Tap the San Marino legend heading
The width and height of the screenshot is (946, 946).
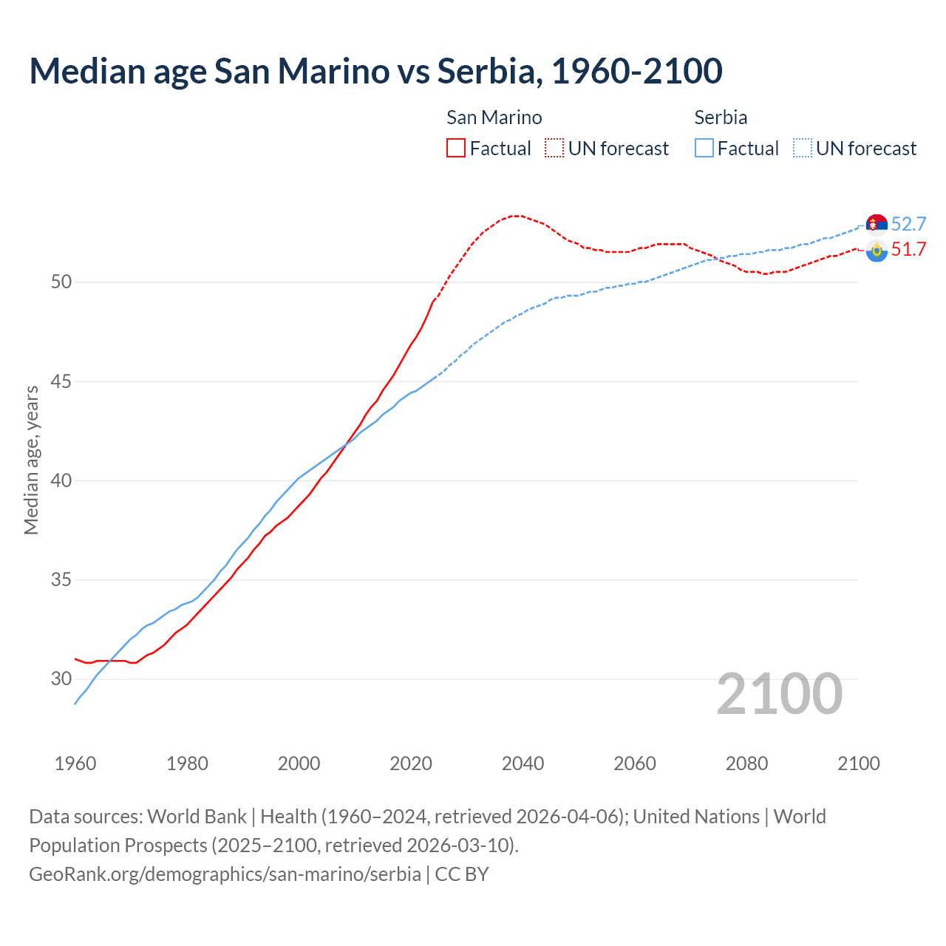coord(494,118)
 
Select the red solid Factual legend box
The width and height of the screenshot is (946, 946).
coord(456,148)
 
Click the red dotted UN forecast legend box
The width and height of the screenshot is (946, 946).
coord(554,148)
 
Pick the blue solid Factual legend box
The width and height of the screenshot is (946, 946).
coord(704,148)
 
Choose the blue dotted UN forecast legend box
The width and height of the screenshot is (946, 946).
coord(803,148)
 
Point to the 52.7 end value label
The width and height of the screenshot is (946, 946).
coord(908,224)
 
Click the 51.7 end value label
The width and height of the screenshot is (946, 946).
coord(908,249)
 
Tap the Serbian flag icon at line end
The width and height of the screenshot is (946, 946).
coord(877,224)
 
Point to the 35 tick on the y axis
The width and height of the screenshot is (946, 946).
coord(62,579)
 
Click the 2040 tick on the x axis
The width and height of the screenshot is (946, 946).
coord(523,763)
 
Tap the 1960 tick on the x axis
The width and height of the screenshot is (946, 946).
coord(75,763)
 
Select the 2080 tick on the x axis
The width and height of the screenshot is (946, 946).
coord(746,763)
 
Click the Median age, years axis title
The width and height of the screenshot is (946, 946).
coord(31,460)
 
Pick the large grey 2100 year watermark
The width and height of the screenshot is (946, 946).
coord(780,693)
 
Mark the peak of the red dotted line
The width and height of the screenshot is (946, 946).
coord(517,216)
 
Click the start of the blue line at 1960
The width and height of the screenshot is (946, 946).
coord(75,703)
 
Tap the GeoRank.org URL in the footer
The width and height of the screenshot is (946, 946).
coord(225,874)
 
